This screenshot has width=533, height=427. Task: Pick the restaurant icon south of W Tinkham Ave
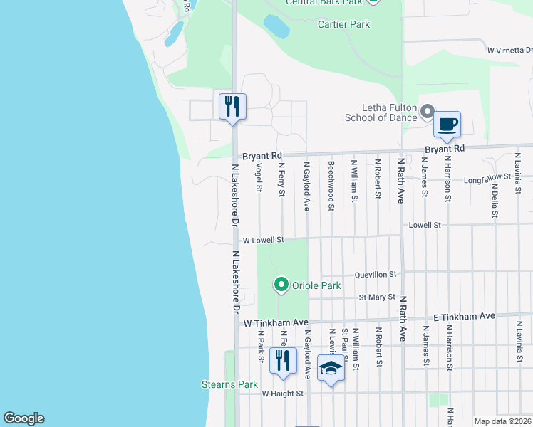pyautogui.click(x=283, y=361)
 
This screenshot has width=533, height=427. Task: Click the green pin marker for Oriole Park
pyautogui.click(x=281, y=285)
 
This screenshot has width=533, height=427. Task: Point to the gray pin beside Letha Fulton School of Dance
pyautogui.click(x=428, y=112)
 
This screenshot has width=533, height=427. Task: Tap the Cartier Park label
pyautogui.click(x=343, y=24)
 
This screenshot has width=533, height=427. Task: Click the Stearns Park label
pyautogui.click(x=228, y=385)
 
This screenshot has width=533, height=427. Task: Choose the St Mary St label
pyautogui.click(x=377, y=297)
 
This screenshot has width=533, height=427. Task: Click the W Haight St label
pyautogui.click(x=282, y=393)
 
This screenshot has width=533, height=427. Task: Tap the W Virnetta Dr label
pyautogui.click(x=509, y=51)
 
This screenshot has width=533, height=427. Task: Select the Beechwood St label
pyautogui.click(x=331, y=186)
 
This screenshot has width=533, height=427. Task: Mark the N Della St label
pyautogui.click(x=494, y=199)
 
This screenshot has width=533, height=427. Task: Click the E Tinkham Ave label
pyautogui.click(x=464, y=316)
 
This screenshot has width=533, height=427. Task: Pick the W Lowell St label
pyautogui.click(x=263, y=241)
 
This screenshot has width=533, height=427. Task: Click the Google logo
pyautogui.click(x=24, y=418)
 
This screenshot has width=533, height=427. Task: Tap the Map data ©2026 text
pyautogui.click(x=502, y=421)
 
